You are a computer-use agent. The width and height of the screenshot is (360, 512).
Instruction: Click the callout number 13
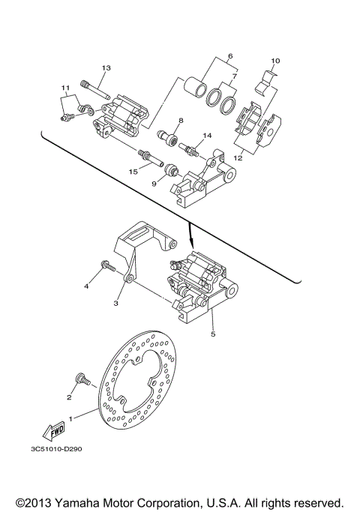click(106, 68)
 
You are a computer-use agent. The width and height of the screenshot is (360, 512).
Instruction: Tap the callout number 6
click(230, 56)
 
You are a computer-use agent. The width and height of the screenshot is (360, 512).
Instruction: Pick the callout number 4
click(86, 286)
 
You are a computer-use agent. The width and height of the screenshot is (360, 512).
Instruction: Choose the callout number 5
click(212, 334)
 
